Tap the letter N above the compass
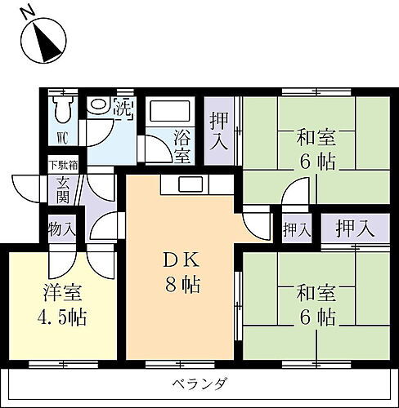[x=29, y=11]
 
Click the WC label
[x=62, y=135]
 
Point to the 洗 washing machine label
[x=122, y=107]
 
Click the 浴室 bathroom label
[x=182, y=144]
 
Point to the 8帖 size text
[x=182, y=286]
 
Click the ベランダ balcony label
[x=199, y=384]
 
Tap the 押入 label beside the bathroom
[x=219, y=131]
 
